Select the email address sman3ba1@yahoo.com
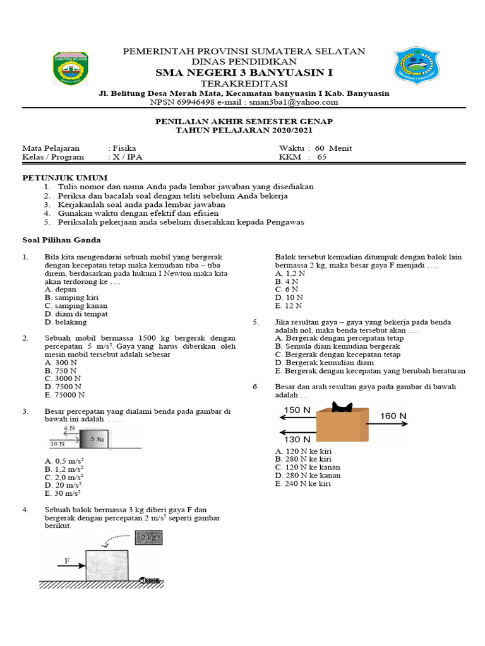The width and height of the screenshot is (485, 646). click(302, 102)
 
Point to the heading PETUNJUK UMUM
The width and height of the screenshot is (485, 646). click(65, 178)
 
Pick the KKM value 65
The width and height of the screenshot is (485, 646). click(322, 157)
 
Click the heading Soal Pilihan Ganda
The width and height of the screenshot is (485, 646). click(62, 240)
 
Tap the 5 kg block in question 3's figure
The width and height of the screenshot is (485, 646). click(96, 438)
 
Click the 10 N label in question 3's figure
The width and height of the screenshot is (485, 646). click(57, 443)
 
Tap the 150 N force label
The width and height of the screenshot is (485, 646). click(297, 410)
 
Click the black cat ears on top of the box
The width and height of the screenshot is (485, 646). click(344, 405)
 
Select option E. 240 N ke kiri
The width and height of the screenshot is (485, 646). click(303, 484)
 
